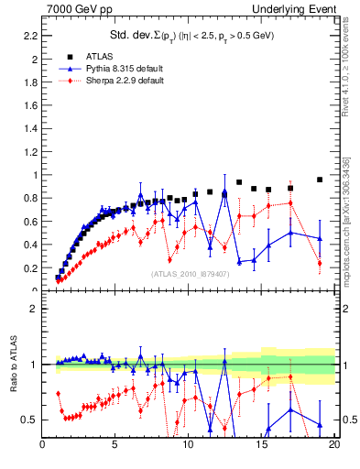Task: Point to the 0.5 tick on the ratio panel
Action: click(x=28, y=420)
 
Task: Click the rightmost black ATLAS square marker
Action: click(x=320, y=180)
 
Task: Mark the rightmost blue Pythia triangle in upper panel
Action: click(x=320, y=238)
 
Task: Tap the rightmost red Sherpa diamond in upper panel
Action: click(x=320, y=263)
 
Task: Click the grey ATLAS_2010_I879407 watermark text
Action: click(x=190, y=273)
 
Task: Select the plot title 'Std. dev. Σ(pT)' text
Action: click(x=189, y=37)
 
